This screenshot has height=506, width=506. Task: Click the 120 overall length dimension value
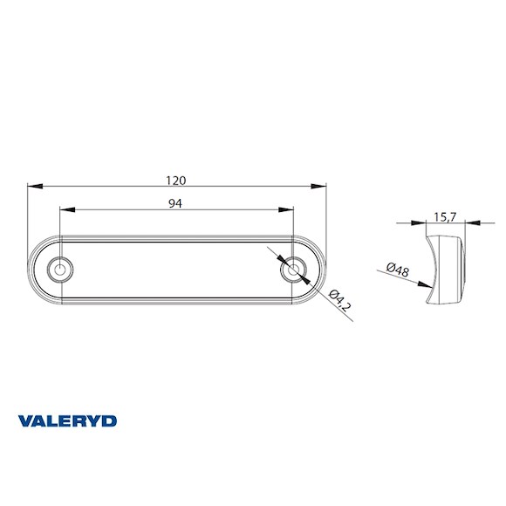[176, 181]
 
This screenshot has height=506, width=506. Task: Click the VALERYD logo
[67, 421]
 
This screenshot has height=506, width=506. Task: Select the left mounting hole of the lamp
[60, 270]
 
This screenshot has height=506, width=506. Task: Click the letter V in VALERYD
[24, 421]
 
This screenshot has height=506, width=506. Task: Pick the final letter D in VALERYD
[110, 421]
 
